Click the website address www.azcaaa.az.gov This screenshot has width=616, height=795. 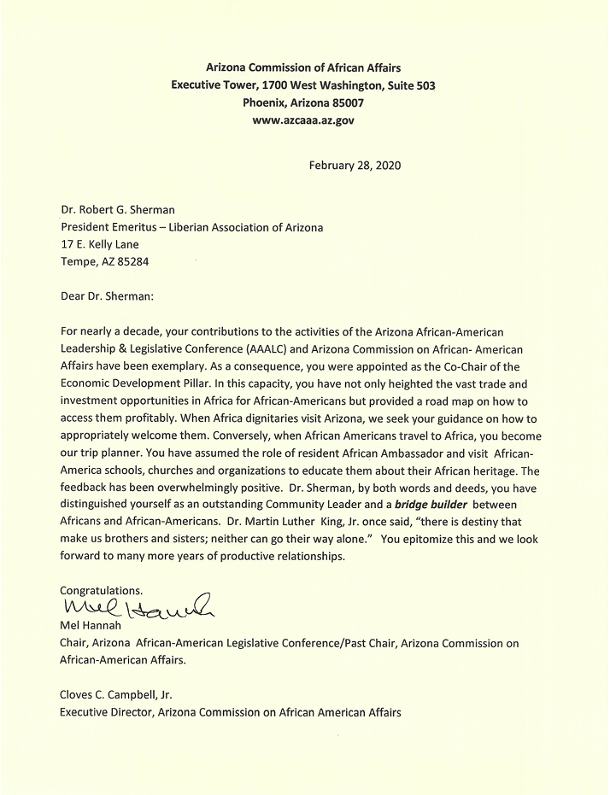[303, 120]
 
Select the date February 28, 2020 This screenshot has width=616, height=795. [355, 165]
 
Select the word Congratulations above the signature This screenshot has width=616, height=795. [101, 590]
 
